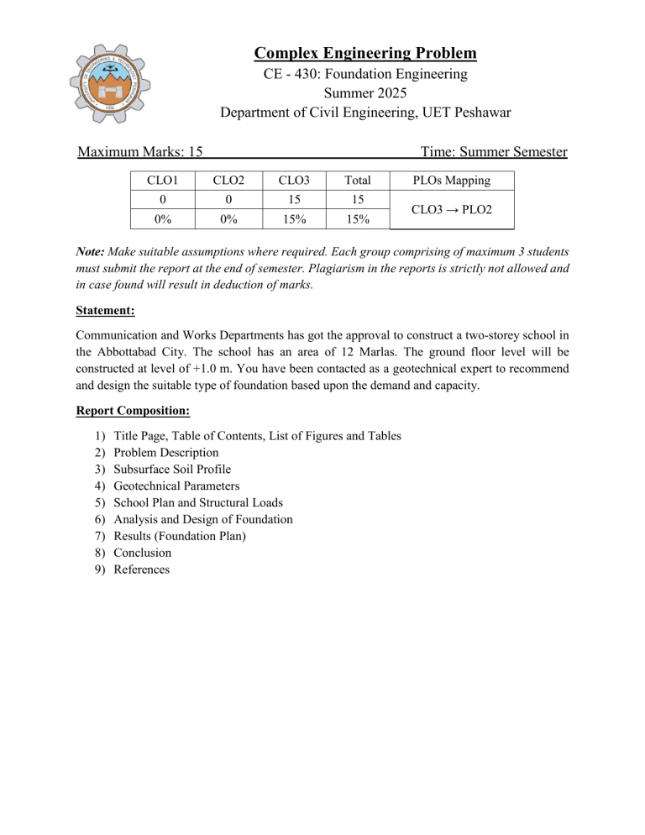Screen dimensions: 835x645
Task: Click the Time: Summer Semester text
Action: pos(494,152)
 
